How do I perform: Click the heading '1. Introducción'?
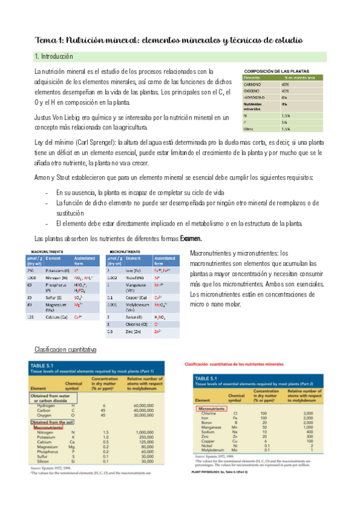coord(53,57)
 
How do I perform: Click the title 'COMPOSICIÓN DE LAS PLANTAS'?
coord(278,72)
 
